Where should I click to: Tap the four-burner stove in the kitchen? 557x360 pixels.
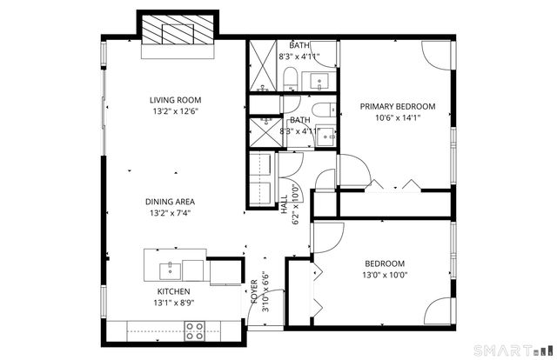coord(193,330)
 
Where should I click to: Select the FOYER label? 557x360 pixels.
coord(254,290)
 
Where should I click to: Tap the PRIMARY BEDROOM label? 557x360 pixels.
coord(397,107)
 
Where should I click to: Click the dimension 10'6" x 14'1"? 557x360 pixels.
coord(397,119)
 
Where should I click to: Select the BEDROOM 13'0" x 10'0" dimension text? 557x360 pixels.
coord(384,275)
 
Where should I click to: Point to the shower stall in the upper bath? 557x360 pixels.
coord(262,65)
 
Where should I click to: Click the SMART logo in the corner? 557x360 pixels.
coord(510,350)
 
